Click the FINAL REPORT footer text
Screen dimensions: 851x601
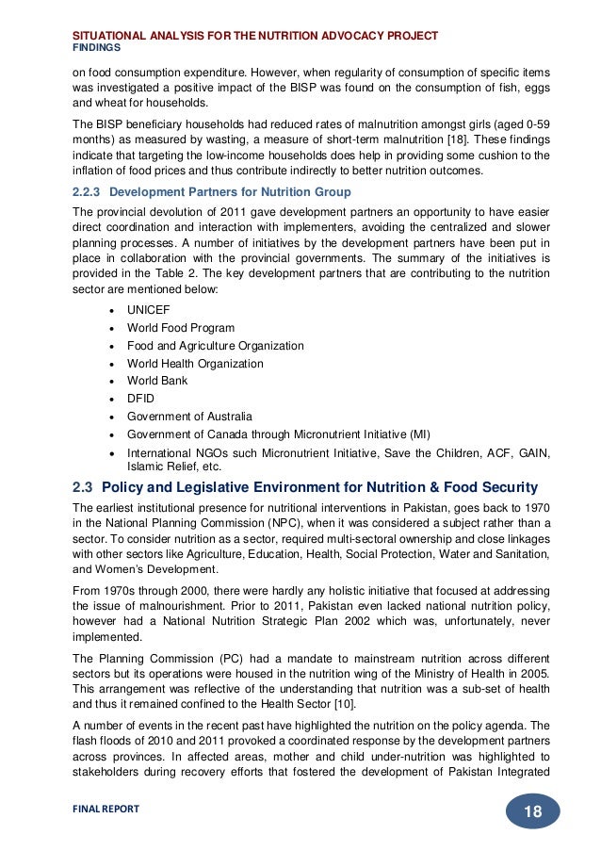tap(106, 809)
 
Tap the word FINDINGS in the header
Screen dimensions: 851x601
tap(96, 46)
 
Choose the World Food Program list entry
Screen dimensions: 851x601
tap(181, 328)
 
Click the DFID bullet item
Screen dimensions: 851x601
tap(140, 399)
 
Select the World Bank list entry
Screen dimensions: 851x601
tap(157, 381)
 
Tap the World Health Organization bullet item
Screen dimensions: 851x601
tap(195, 364)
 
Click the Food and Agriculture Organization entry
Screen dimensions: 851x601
tap(215, 346)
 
